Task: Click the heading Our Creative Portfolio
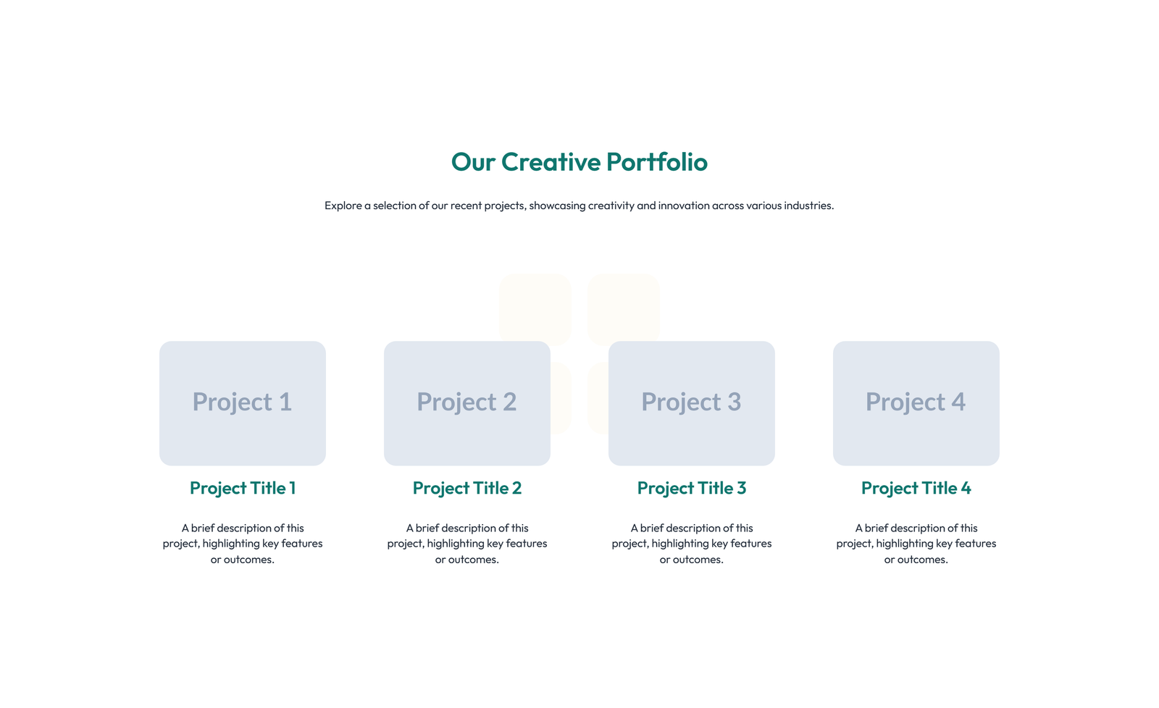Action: [579, 161]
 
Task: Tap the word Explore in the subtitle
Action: [343, 206]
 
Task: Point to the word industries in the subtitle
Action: [809, 206]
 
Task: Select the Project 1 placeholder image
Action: [243, 403]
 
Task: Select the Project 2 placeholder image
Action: [467, 403]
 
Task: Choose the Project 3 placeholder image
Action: [692, 403]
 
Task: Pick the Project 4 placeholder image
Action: [916, 403]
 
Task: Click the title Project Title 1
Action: [243, 488]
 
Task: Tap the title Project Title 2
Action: [467, 488]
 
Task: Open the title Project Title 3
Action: [692, 488]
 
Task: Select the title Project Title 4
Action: [916, 488]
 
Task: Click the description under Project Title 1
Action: [243, 544]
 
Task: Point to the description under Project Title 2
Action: [467, 544]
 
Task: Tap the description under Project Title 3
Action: [692, 544]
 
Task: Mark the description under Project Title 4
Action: [916, 544]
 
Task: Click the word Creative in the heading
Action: [551, 161]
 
